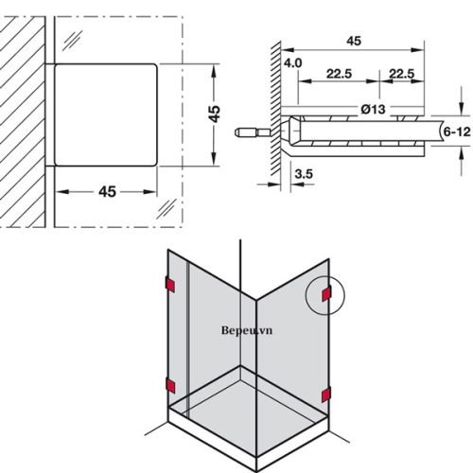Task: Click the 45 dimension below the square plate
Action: [x=106, y=191]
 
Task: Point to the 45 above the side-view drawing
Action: [x=354, y=41]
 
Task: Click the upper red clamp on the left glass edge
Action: [x=169, y=284]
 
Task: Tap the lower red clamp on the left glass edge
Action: [x=169, y=383]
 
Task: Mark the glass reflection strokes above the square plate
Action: [x=72, y=39]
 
